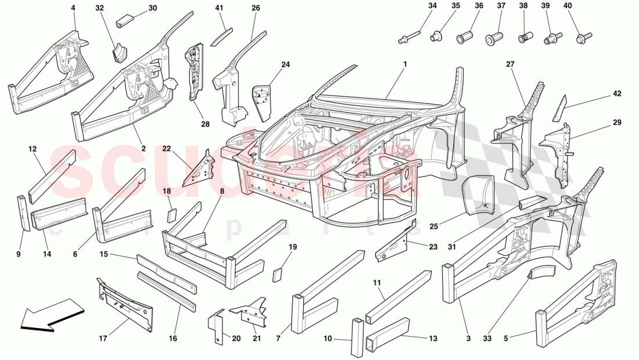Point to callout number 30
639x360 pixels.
pyautogui.click(x=152, y=8)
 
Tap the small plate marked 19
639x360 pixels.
pyautogui.click(x=278, y=273)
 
